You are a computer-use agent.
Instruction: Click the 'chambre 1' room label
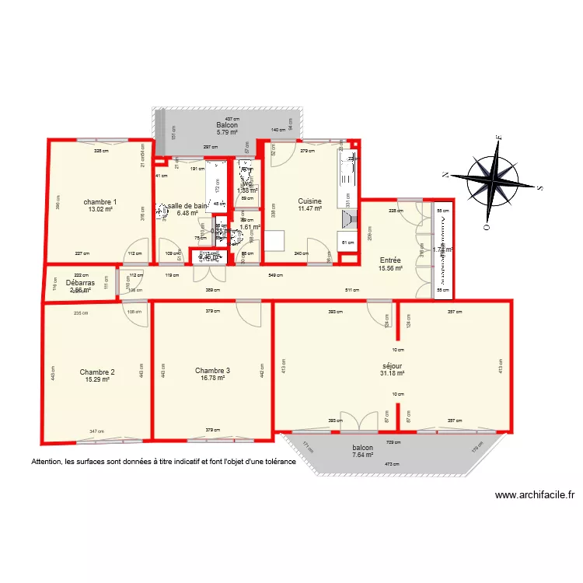point(99,201)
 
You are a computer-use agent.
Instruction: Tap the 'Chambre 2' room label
point(97,372)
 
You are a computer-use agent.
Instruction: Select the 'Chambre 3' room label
point(212,371)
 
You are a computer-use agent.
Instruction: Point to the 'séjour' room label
point(393,365)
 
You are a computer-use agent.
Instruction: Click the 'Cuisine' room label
point(309,201)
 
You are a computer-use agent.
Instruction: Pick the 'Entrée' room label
point(389,260)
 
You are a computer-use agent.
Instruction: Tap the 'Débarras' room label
point(80,283)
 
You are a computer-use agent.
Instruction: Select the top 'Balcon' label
point(227,125)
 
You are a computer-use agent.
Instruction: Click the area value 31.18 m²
point(393,373)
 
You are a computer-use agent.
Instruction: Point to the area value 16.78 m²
point(212,379)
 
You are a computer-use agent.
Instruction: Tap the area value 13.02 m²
point(100,209)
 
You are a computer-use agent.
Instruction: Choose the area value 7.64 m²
point(362,456)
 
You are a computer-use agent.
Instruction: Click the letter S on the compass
point(539,187)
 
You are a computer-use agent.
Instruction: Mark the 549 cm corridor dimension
point(274,275)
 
